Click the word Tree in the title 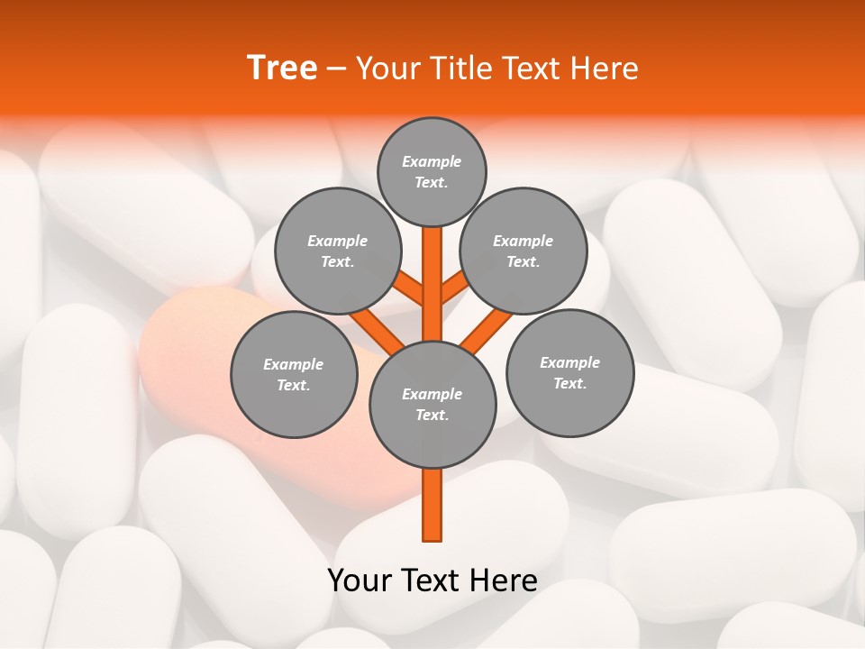pos(282,69)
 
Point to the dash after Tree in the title pos(337,69)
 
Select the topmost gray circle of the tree pos(432,171)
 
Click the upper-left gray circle pos(338,251)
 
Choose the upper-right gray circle pos(524,251)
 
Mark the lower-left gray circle pos(294,374)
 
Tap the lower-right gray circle pos(569,372)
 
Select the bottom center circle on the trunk pos(432,405)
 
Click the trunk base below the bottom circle pos(432,505)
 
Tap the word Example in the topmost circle pos(432,161)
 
